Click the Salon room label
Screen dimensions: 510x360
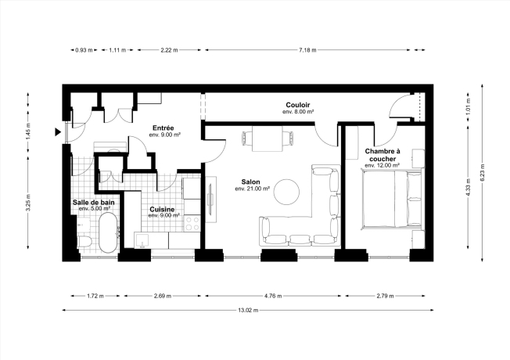250,182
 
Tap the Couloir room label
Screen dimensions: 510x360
297,105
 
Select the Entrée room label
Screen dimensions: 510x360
163,128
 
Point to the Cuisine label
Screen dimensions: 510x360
162,209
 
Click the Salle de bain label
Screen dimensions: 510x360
94,203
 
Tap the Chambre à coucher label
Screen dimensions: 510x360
382,155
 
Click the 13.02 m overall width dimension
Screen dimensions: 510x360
248,310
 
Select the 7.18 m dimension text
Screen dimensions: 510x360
307,50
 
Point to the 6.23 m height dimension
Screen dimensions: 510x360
483,172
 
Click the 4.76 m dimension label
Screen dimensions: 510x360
273,296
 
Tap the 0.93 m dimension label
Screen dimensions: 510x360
84,50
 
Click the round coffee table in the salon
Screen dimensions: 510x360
286,192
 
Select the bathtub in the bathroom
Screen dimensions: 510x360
107,232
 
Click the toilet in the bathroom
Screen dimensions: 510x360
85,242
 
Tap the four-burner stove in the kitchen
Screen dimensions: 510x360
192,223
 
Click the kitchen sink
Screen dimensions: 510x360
142,241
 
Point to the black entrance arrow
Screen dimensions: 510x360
58,131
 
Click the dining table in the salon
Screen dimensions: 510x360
268,139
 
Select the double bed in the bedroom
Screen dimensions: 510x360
392,199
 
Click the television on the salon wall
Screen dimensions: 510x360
210,200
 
